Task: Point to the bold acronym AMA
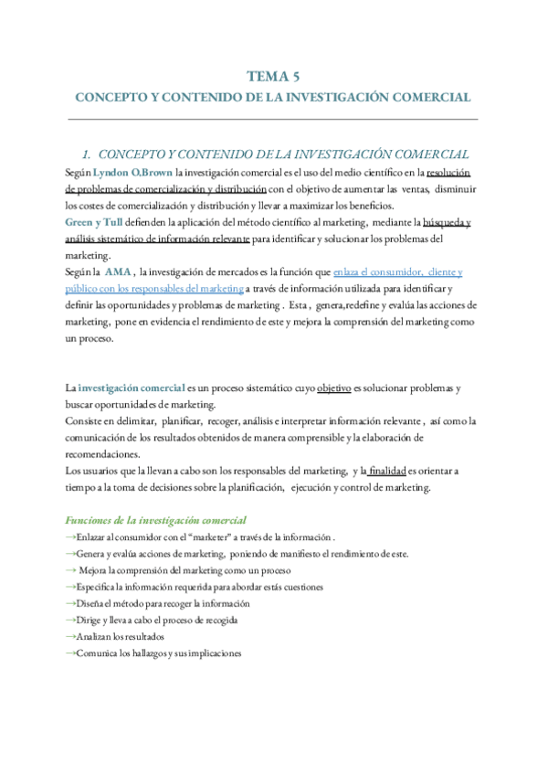[119, 272]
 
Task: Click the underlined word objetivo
[334, 387]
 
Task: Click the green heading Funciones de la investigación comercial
[155, 519]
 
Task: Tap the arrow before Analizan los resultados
[71, 636]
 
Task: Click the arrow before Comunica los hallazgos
[71, 653]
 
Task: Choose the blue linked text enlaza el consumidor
[384, 272]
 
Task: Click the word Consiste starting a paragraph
[84, 420]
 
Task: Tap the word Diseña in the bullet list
[92, 603]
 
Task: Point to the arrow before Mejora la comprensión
[71, 570]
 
